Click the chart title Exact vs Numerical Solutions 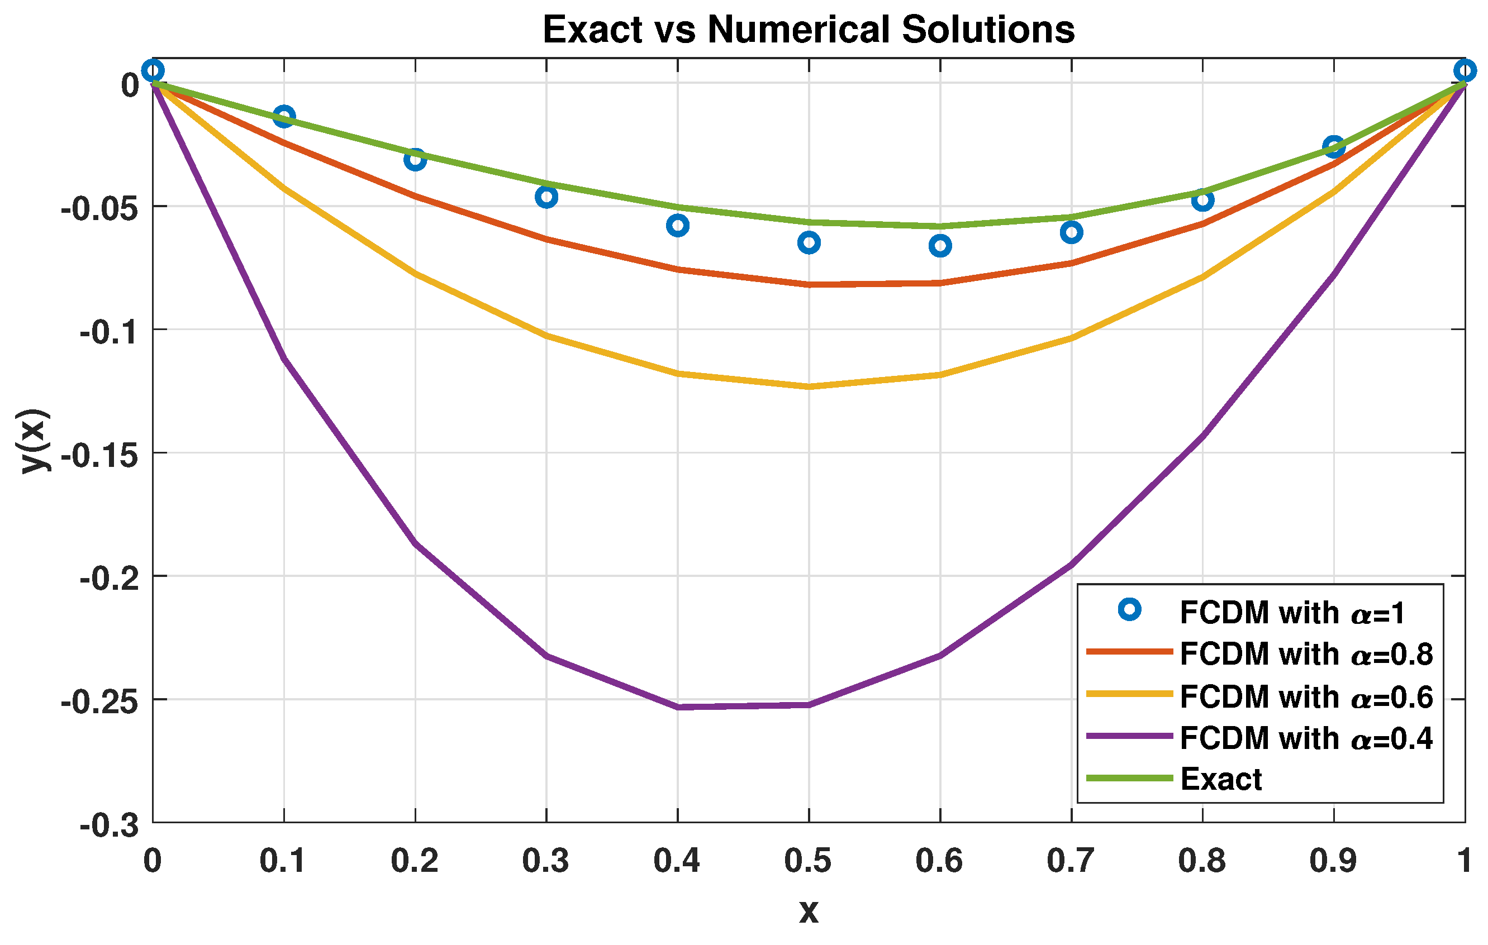(x=809, y=30)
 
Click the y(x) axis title (x=34, y=440)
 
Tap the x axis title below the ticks (x=809, y=911)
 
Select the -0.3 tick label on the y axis (x=109, y=827)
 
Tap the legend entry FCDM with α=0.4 (x=1306, y=738)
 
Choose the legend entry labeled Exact (x=1220, y=780)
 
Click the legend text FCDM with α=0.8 (x=1306, y=654)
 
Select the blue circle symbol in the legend (x=1130, y=610)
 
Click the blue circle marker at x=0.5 (x=809, y=243)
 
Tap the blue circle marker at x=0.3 (x=546, y=197)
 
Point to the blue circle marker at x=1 (x=1464, y=70)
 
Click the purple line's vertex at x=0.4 (x=678, y=707)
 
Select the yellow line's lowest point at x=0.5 (x=809, y=386)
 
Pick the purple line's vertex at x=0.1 (x=284, y=357)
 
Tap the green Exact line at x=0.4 (x=678, y=207)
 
